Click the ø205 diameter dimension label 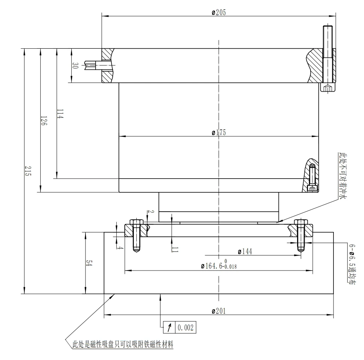tap(219, 12)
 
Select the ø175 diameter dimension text tap(219, 132)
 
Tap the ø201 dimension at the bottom tap(219, 311)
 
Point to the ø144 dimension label tap(245, 251)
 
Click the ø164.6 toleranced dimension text tap(219, 265)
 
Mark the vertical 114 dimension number tap(60, 114)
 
